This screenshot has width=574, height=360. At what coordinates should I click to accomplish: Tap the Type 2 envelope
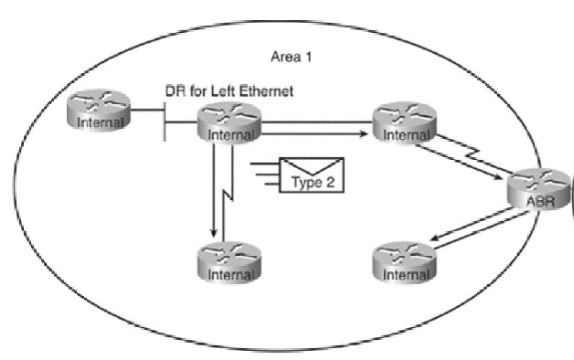(x=314, y=175)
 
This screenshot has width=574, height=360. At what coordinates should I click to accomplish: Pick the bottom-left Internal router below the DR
(x=229, y=263)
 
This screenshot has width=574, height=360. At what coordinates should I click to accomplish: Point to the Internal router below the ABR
(x=405, y=264)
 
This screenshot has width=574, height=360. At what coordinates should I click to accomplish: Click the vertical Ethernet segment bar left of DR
(x=165, y=117)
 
